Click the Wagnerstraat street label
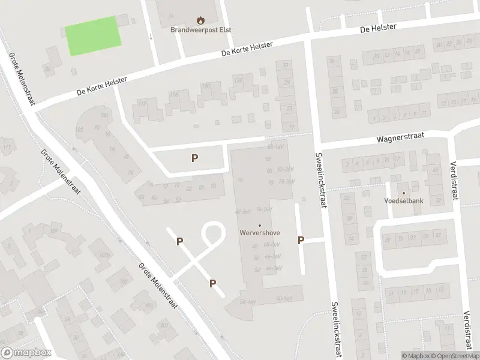pyautogui.click(x=400, y=137)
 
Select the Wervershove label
pyautogui.click(x=260, y=232)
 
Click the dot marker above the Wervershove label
pyautogui.click(x=260, y=225)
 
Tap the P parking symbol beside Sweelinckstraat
pyautogui.click(x=301, y=241)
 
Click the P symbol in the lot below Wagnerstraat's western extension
pyautogui.click(x=194, y=158)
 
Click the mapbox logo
pyautogui.click(x=26, y=353)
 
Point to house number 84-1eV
pyautogui.click(x=275, y=146)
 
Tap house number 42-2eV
pyautogui.click(x=242, y=212)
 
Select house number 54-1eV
pyautogui.click(x=248, y=301)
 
